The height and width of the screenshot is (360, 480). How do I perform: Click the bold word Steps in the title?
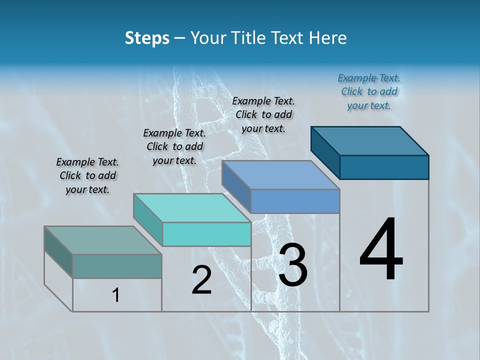pyautogui.click(x=147, y=38)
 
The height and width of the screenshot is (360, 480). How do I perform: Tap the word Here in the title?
pyautogui.click(x=328, y=38)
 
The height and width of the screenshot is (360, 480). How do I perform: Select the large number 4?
pyautogui.click(x=381, y=250)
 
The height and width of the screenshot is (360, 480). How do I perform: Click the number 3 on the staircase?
pyautogui.click(x=293, y=265)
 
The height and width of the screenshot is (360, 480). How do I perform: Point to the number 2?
pyautogui.click(x=201, y=280)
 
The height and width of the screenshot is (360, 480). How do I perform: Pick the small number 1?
pyautogui.click(x=116, y=295)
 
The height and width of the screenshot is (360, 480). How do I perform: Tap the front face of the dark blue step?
pyautogui.click(x=384, y=167)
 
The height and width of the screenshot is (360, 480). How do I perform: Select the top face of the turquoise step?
pyautogui.click(x=192, y=208)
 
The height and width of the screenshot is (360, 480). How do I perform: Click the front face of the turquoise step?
pyautogui.click(x=206, y=234)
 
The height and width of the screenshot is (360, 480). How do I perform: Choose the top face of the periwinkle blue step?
pyautogui.click(x=281, y=175)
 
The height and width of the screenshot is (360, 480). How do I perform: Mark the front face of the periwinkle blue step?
pyautogui.click(x=295, y=201)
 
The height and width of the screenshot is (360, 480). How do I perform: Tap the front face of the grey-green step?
pyautogui.click(x=117, y=266)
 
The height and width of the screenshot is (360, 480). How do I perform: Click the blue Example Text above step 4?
pyautogui.click(x=369, y=91)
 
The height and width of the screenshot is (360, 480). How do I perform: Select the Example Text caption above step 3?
pyautogui.click(x=263, y=114)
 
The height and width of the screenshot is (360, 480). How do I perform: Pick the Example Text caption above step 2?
pyautogui.click(x=174, y=146)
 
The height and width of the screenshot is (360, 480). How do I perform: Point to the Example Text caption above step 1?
pyautogui.click(x=87, y=175)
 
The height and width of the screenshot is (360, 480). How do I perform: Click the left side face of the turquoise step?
pyautogui.click(x=148, y=220)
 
